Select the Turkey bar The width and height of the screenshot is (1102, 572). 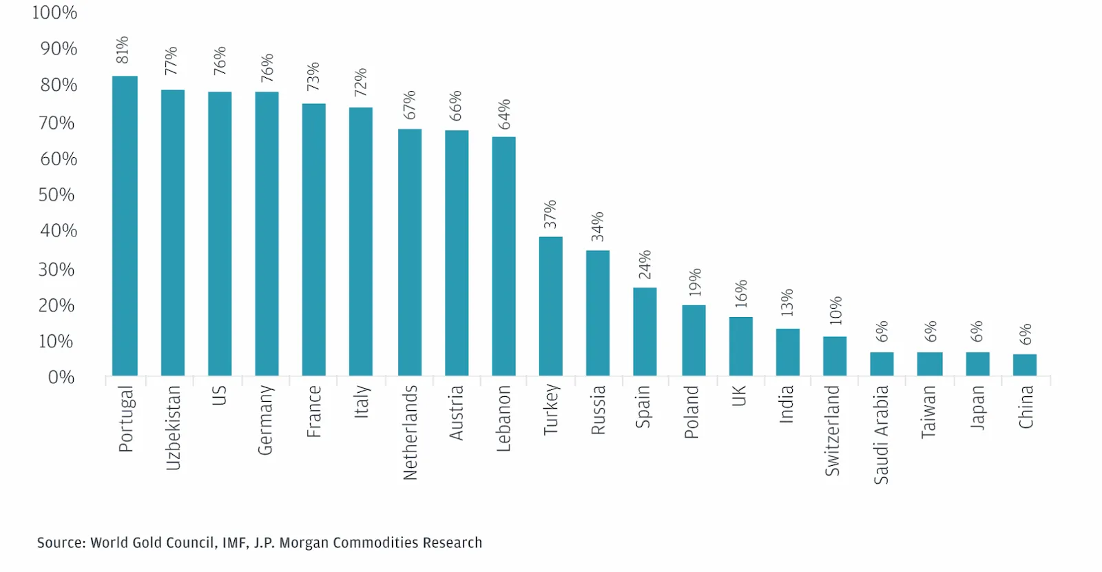tap(550, 306)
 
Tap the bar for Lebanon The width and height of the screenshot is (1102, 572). tap(503, 256)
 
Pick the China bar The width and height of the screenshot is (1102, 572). tap(1024, 365)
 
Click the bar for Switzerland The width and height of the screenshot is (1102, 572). tap(834, 356)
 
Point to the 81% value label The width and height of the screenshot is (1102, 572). tap(123, 50)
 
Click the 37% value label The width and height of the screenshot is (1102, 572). tap(550, 214)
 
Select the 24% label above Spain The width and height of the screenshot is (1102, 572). tap(645, 265)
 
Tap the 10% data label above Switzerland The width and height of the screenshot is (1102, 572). tap(835, 310)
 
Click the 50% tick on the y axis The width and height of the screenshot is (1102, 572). tap(56, 195)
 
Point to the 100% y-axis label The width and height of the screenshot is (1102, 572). tap(54, 12)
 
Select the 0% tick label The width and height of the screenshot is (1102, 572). tap(61, 378)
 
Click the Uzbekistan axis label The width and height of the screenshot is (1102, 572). tap(173, 428)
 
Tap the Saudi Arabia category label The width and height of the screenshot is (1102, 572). tap(881, 435)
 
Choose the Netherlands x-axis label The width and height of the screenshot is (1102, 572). tap(410, 432)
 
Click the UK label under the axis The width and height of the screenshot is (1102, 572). tap(739, 396)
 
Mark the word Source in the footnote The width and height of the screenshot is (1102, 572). tap(61, 543)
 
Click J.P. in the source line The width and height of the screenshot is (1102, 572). tap(264, 543)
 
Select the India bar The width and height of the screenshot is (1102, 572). tap(787, 352)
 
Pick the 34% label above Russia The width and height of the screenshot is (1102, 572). tap(597, 227)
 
